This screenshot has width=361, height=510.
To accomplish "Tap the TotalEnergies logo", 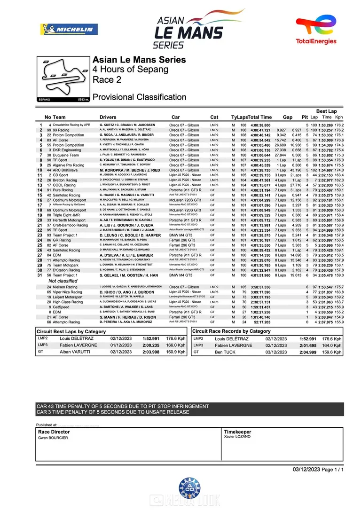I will pos(316,29).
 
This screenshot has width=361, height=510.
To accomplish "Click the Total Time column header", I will pos(259,117).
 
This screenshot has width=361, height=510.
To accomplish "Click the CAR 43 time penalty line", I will pos(123,406).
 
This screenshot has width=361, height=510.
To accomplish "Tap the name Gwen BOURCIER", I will pos(53,438).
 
